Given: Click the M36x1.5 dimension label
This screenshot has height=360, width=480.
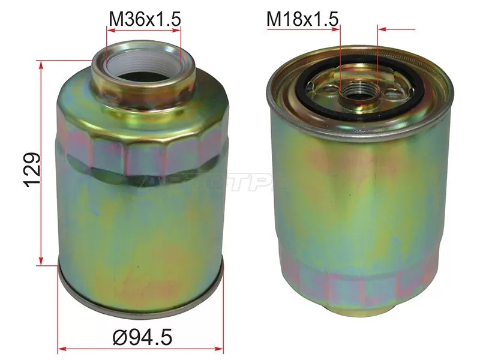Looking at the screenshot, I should click(x=144, y=20).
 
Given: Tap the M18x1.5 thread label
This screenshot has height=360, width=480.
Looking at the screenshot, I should click(x=303, y=20).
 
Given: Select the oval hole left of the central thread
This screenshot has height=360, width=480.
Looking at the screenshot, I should click(x=328, y=91).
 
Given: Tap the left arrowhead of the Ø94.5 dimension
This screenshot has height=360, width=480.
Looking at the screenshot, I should click(x=62, y=347).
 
